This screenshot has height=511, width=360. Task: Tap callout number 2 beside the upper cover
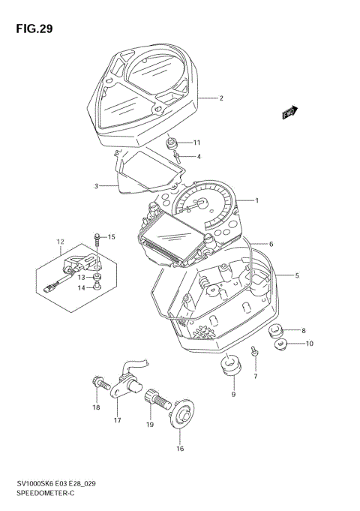coord(221,98)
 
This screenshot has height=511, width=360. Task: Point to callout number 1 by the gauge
coord(256,200)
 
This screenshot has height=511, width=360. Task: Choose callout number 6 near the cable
coord(271,244)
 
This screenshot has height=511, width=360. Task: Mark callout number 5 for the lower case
coord(297,275)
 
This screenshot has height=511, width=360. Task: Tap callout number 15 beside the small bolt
coord(111,237)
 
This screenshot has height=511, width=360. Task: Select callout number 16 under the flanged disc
coord(179,449)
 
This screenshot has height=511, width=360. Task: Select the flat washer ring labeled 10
coord(282,345)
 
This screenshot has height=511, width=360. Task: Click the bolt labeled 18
coord(97,383)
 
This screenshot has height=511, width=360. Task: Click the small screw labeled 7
coord(254,350)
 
